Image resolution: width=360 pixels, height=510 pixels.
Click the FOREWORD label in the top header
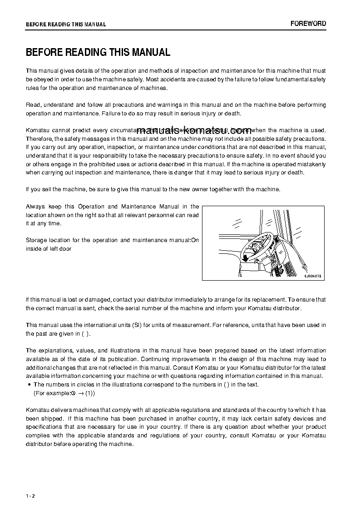point(308,24)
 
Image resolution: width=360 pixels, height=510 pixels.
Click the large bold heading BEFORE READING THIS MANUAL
point(98,52)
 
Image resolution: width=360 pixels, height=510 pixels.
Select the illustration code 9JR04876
point(312,276)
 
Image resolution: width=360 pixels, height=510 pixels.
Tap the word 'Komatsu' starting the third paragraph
point(36,130)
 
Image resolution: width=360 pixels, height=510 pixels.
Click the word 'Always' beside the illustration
point(35,207)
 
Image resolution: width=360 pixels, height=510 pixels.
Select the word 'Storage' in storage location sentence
point(36,240)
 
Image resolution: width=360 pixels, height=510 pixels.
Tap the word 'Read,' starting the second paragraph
point(34,105)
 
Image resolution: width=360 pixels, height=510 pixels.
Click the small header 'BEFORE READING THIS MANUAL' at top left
point(66,25)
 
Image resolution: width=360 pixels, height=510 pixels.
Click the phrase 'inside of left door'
point(49,249)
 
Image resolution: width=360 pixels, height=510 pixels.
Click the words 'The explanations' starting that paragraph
point(48,351)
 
